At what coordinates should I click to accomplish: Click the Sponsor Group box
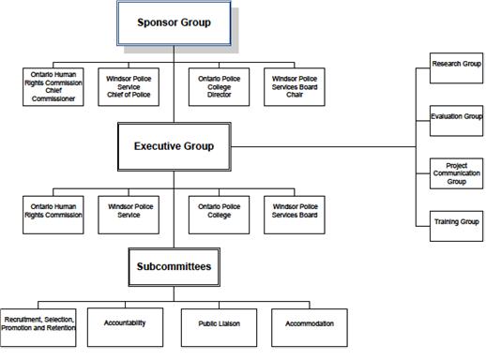[x=174, y=22]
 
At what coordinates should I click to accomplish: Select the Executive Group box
[x=174, y=146]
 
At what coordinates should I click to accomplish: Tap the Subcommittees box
[x=174, y=267]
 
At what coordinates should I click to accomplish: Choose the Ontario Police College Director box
[x=219, y=86]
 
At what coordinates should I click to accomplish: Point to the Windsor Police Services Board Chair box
[x=294, y=86]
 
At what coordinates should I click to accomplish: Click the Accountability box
[x=124, y=324]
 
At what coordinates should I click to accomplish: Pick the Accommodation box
[x=309, y=324]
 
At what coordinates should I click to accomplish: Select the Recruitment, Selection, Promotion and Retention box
[x=39, y=324]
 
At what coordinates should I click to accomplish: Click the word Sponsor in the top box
[x=155, y=22]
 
